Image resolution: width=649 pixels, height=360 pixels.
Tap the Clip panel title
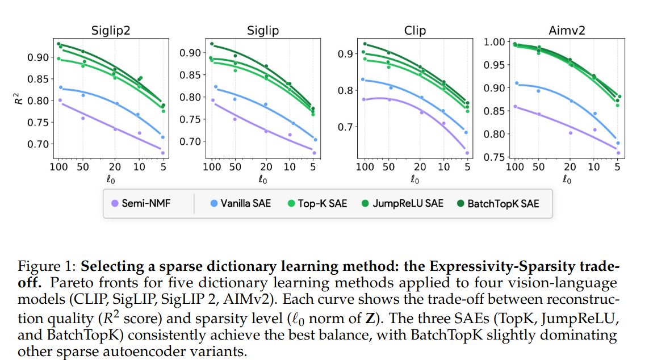(414, 30)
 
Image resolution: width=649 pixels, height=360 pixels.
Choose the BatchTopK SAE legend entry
(497, 203)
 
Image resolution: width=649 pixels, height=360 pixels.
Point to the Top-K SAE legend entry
(317, 203)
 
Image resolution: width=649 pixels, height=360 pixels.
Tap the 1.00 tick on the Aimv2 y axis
(493, 42)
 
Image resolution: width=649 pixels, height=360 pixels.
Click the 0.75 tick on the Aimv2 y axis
(493, 157)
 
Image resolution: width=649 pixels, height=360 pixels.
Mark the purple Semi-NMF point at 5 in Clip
(467, 153)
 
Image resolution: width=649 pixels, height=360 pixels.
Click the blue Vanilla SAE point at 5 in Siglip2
(162, 137)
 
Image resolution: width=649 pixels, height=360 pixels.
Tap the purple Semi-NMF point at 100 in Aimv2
(515, 106)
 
